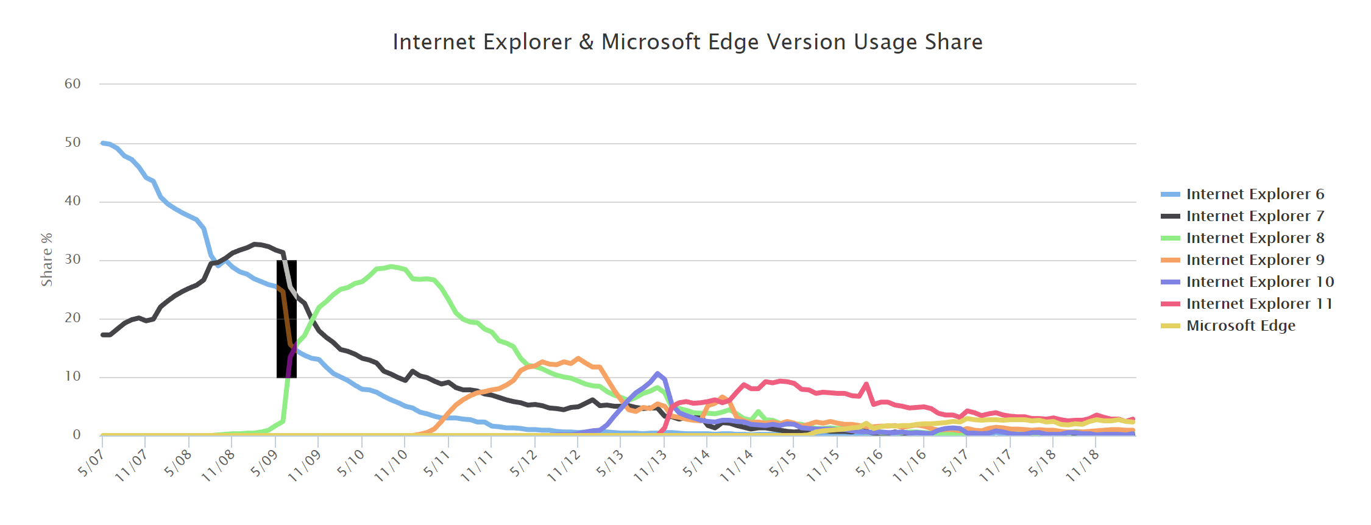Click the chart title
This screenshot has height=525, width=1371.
pyautogui.click(x=687, y=42)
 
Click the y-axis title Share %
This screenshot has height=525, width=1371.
pyautogui.click(x=47, y=259)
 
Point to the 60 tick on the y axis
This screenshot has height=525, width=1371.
pyautogui.click(x=73, y=84)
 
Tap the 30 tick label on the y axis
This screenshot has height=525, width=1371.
pyautogui.click(x=73, y=259)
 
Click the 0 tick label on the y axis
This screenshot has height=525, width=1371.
pyautogui.click(x=77, y=435)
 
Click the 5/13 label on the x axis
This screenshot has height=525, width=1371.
pyautogui.click(x=610, y=463)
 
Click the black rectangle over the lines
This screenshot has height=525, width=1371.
pyautogui.click(x=286, y=319)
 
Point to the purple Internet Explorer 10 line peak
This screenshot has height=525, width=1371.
pyautogui.click(x=657, y=373)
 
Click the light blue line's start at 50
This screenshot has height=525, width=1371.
pyautogui.click(x=102, y=143)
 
